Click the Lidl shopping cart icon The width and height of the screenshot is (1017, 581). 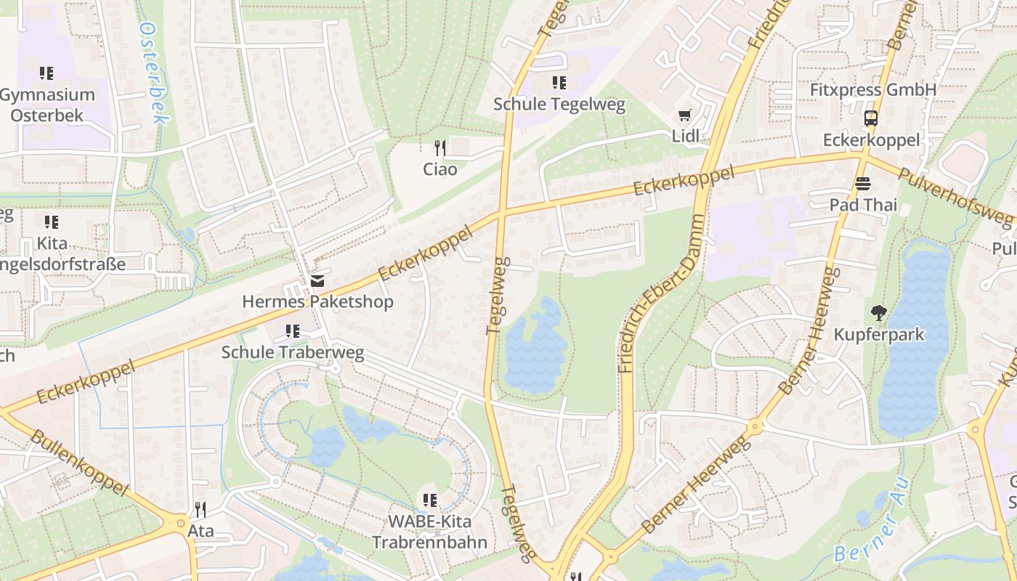pos(684,115)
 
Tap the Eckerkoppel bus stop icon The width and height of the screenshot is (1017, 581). pos(870,118)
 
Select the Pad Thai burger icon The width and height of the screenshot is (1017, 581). pos(863,184)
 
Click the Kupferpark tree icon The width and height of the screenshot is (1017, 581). pos(879,313)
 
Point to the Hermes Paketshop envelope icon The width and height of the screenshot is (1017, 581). pos(317,280)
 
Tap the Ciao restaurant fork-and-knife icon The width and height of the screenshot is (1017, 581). pos(439,148)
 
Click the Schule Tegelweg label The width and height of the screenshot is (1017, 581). pos(559,104)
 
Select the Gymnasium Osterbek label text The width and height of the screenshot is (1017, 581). pos(47,105)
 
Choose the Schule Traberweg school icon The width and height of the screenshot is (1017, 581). pos(293,332)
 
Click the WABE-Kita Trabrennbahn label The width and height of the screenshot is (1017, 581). pos(429,532)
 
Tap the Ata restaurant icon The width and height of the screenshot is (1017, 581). pos(200,510)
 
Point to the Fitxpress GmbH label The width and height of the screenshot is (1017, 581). pos(873,89)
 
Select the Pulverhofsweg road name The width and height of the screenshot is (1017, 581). pos(955,195)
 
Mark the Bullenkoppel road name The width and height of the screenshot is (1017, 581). pos(80,463)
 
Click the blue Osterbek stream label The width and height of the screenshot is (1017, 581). pos(153,73)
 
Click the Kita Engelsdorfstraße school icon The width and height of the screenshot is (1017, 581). pos(51,222)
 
